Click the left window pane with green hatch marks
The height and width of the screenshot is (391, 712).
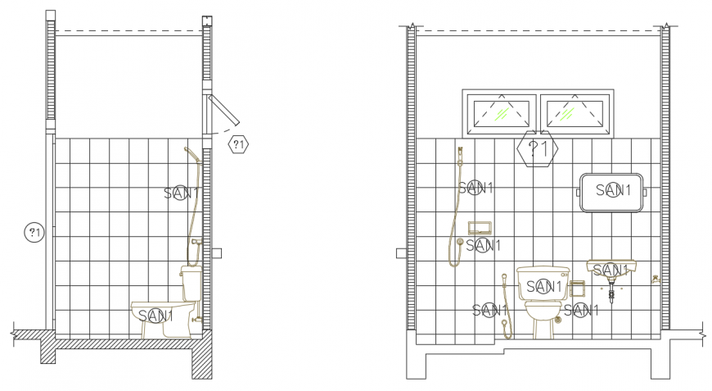pyautogui.click(x=500, y=113)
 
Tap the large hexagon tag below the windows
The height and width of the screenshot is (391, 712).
pyautogui.click(x=538, y=149)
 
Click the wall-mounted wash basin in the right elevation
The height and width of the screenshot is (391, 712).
pyautogui.click(x=611, y=270)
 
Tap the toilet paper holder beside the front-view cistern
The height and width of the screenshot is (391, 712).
pyautogui.click(x=576, y=289)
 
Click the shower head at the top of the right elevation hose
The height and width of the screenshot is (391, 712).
pyautogui.click(x=461, y=152)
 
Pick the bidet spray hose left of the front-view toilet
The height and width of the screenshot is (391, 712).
pyautogui.click(x=505, y=307)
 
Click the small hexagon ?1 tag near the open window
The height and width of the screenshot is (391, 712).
pyautogui.click(x=237, y=144)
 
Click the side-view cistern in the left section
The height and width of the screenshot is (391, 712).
pyautogui.click(x=191, y=283)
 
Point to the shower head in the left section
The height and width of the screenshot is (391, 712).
pyautogui.click(x=189, y=152)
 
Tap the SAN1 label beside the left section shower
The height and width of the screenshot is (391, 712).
pyautogui.click(x=181, y=193)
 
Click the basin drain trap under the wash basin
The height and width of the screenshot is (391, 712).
pyautogui.click(x=611, y=291)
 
